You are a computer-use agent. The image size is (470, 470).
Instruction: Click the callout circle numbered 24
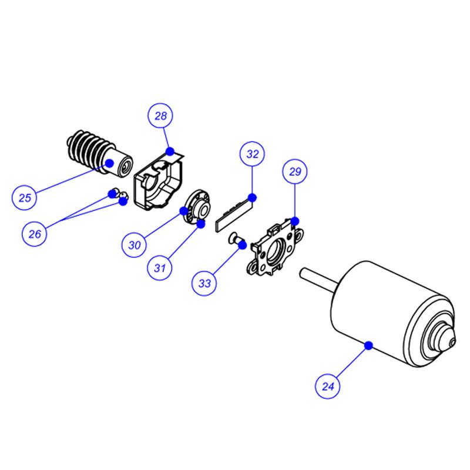(x=327, y=386)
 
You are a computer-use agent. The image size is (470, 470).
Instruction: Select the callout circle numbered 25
(x=25, y=197)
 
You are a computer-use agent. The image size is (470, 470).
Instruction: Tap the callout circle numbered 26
(x=35, y=233)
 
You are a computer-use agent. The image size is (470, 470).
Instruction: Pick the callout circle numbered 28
(x=160, y=116)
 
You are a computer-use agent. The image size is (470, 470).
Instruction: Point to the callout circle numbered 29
(x=295, y=172)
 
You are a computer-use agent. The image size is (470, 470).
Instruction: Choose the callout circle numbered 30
(x=135, y=245)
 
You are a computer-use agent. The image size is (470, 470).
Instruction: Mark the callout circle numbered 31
(x=160, y=268)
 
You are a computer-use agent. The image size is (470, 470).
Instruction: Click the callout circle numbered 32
(x=253, y=154)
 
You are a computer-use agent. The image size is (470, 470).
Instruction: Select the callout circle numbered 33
(x=204, y=283)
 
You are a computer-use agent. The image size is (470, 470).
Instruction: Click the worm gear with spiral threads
(x=99, y=153)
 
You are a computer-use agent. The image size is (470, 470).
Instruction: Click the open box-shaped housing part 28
(x=159, y=180)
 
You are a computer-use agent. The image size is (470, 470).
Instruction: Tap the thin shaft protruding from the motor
(x=319, y=278)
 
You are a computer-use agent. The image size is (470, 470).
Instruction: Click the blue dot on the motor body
(x=368, y=345)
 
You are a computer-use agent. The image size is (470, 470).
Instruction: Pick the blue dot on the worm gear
(x=109, y=163)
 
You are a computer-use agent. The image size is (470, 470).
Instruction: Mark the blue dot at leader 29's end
(x=295, y=221)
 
